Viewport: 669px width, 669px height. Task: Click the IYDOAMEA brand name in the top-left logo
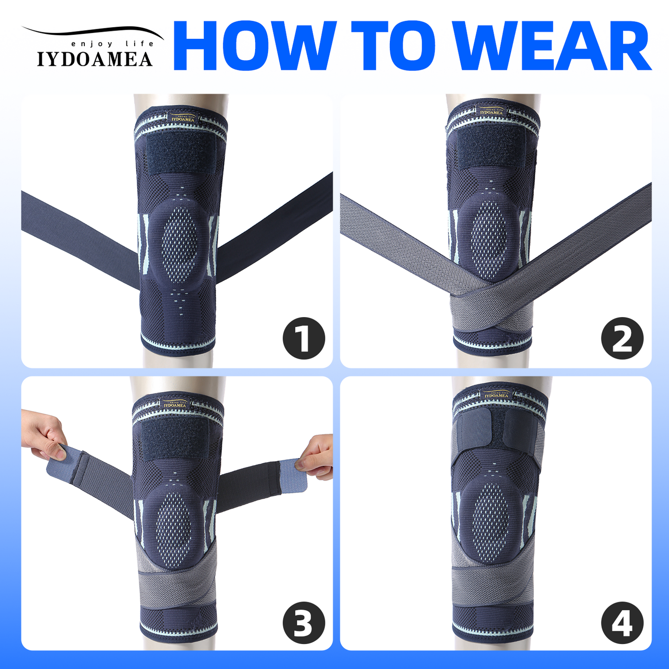pos(94,59)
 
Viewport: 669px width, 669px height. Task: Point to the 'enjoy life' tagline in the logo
pos(112,44)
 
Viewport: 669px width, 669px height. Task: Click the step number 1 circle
pos(304,338)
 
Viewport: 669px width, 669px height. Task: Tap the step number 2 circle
pos(622,338)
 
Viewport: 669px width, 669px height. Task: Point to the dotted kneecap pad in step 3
pos(173,524)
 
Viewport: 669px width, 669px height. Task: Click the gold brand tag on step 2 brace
pos(491,112)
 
